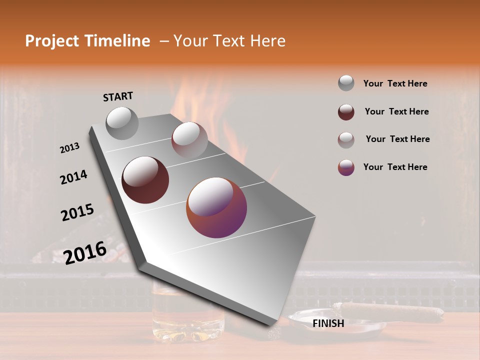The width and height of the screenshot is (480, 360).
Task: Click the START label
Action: point(118,96)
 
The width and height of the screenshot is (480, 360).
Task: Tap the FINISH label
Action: point(328,323)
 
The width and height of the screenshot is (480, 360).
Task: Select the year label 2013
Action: point(69,148)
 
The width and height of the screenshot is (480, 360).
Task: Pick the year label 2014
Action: point(73,177)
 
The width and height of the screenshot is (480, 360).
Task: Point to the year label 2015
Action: point(77,212)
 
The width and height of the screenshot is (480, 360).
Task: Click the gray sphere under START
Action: point(122,123)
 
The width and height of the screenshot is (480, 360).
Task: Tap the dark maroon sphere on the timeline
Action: point(145,179)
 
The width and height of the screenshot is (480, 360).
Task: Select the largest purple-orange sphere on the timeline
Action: point(216,207)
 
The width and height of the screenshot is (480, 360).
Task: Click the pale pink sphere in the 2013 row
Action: point(189,140)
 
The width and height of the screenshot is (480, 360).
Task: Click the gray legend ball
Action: point(346,83)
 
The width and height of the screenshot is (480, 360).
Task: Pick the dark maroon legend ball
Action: point(346,112)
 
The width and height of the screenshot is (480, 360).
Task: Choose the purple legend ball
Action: point(346,167)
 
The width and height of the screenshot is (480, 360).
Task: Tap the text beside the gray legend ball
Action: point(395,83)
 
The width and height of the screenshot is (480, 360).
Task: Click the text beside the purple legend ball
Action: point(395,167)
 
